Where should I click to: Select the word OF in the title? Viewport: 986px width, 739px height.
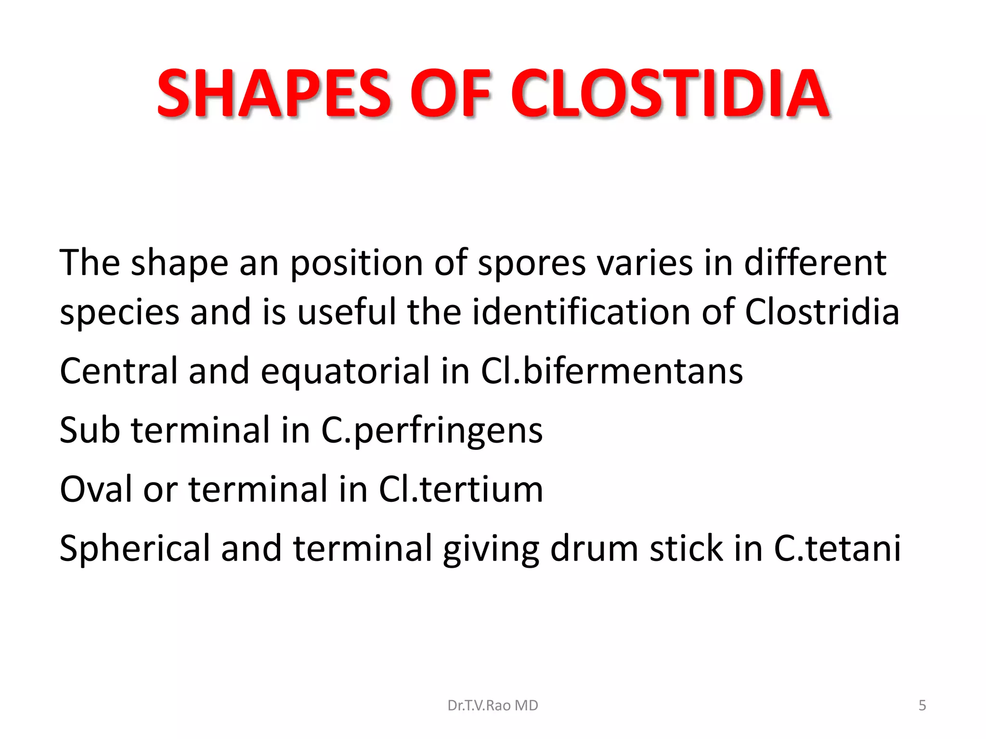(x=450, y=94)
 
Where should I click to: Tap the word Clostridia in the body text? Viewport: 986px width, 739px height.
(x=822, y=312)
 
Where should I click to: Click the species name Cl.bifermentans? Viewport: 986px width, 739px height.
(x=611, y=371)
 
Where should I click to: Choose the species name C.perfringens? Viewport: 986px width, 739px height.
(x=432, y=431)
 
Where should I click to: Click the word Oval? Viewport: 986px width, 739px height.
(x=95, y=489)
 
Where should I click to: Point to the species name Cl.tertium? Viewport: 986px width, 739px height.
(x=461, y=489)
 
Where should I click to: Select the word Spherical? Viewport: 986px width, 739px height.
(x=135, y=549)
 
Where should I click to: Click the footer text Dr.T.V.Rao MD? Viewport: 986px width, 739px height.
(x=493, y=705)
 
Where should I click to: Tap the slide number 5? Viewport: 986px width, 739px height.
(x=922, y=705)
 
